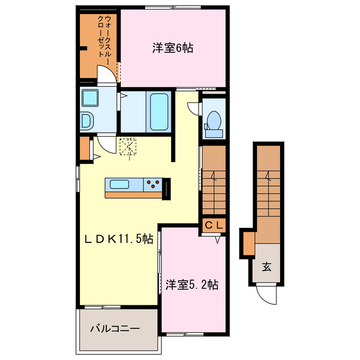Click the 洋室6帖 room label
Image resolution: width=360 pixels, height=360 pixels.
(x=172, y=48)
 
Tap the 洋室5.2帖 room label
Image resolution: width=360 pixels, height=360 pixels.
(x=192, y=285)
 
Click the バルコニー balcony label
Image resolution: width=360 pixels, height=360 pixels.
(x=116, y=327)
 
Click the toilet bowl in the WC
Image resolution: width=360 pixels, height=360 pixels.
(x=213, y=120)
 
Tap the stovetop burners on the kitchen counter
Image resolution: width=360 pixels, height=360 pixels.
(x=153, y=182)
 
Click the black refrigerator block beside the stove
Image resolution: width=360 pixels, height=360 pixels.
(x=166, y=188)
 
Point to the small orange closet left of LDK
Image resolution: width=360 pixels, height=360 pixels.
(x=84, y=149)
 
